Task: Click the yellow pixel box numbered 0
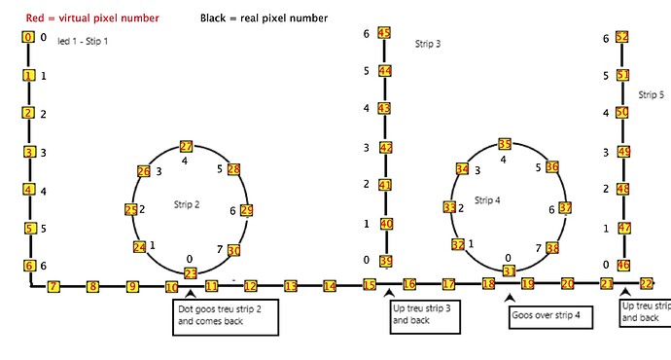28,37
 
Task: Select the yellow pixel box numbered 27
187,146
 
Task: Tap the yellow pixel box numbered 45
384,33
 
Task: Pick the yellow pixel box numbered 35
504,144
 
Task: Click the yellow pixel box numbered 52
622,37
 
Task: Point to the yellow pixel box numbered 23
191,273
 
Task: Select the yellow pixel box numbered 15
370,284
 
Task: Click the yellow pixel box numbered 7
53,286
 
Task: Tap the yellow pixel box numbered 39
386,261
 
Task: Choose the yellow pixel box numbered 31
508,270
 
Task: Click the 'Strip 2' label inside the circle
188,204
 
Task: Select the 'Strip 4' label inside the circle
487,200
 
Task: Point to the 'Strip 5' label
651,95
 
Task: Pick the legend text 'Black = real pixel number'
264,18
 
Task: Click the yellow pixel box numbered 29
246,210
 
